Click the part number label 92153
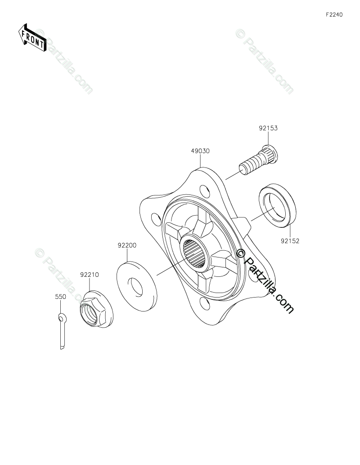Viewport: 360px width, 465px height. click(268, 128)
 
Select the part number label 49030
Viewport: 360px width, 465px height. click(200, 151)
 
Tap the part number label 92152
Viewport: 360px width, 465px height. click(290, 241)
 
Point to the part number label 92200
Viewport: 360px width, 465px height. click(127, 245)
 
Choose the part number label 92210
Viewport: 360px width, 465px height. click(89, 275)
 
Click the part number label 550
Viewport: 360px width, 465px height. click(60, 297)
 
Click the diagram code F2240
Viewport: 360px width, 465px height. click(334, 15)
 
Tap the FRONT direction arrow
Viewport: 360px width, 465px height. click(32, 38)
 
